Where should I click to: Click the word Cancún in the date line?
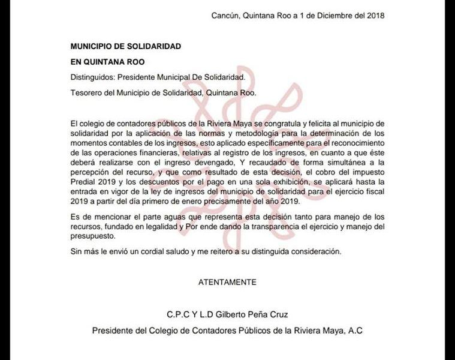tap(225, 16)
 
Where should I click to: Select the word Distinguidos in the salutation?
tap(92, 77)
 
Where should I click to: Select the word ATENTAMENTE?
tap(227, 281)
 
